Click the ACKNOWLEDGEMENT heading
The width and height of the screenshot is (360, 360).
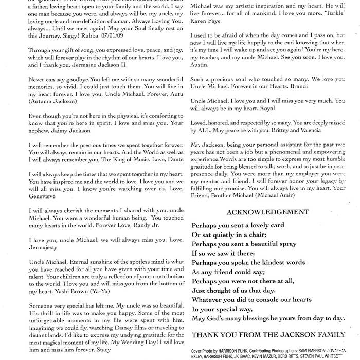click(266, 212)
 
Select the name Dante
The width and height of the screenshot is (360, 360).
click(160, 160)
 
